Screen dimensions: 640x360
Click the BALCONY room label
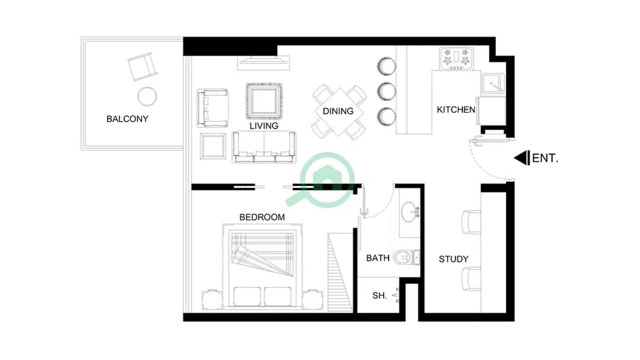pyautogui.click(x=127, y=119)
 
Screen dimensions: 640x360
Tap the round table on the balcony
pyautogui.click(x=147, y=97)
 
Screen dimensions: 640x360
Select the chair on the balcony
pyautogui.click(x=142, y=66)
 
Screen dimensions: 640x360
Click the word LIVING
pyautogui.click(x=264, y=126)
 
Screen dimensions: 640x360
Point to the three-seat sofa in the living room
pyautogui.click(x=264, y=147)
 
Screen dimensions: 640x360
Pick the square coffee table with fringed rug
pyautogui.click(x=264, y=101)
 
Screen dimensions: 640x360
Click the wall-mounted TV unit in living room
pyautogui.click(x=264, y=62)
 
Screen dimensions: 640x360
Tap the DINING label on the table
pyautogui.click(x=338, y=112)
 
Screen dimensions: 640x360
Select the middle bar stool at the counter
pyautogui.click(x=386, y=91)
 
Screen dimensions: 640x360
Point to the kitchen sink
pyautogui.click(x=493, y=84)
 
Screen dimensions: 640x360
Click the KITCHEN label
pyautogui.click(x=456, y=110)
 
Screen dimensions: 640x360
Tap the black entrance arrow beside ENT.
pyautogui.click(x=522, y=158)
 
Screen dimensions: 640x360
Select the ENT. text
pyautogui.click(x=545, y=158)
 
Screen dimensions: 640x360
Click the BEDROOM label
pyautogui.click(x=262, y=217)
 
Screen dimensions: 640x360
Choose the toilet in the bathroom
pyautogui.click(x=406, y=257)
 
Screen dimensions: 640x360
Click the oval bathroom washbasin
pyautogui.click(x=409, y=212)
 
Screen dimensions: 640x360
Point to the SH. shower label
pyautogui.click(x=379, y=296)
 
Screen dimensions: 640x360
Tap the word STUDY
pyautogui.click(x=453, y=259)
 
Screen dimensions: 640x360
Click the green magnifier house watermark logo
pyautogui.click(x=322, y=179)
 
